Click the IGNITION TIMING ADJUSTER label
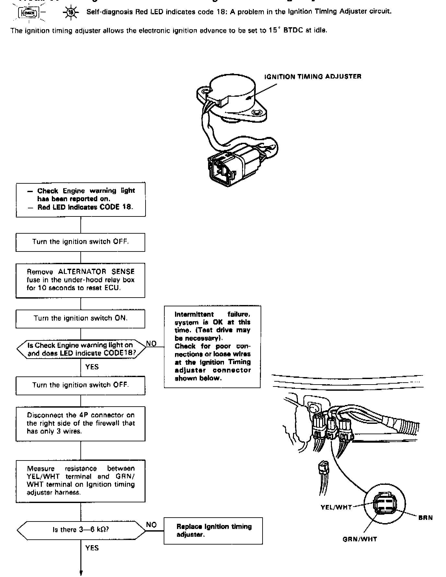[312, 77]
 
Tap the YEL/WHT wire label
[336, 507]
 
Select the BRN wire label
[425, 518]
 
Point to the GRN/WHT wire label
[360, 539]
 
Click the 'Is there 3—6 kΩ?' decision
[81, 529]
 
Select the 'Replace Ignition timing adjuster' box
[213, 530]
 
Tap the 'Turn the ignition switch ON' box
[80, 318]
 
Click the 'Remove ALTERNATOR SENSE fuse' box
[80, 280]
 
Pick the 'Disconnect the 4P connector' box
[80, 423]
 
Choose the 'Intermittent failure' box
[212, 346]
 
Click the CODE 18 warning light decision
[81, 349]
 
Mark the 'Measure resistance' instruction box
[80, 480]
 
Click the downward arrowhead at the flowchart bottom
[81, 573]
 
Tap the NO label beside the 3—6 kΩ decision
[151, 525]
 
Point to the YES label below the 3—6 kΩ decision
[92, 548]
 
